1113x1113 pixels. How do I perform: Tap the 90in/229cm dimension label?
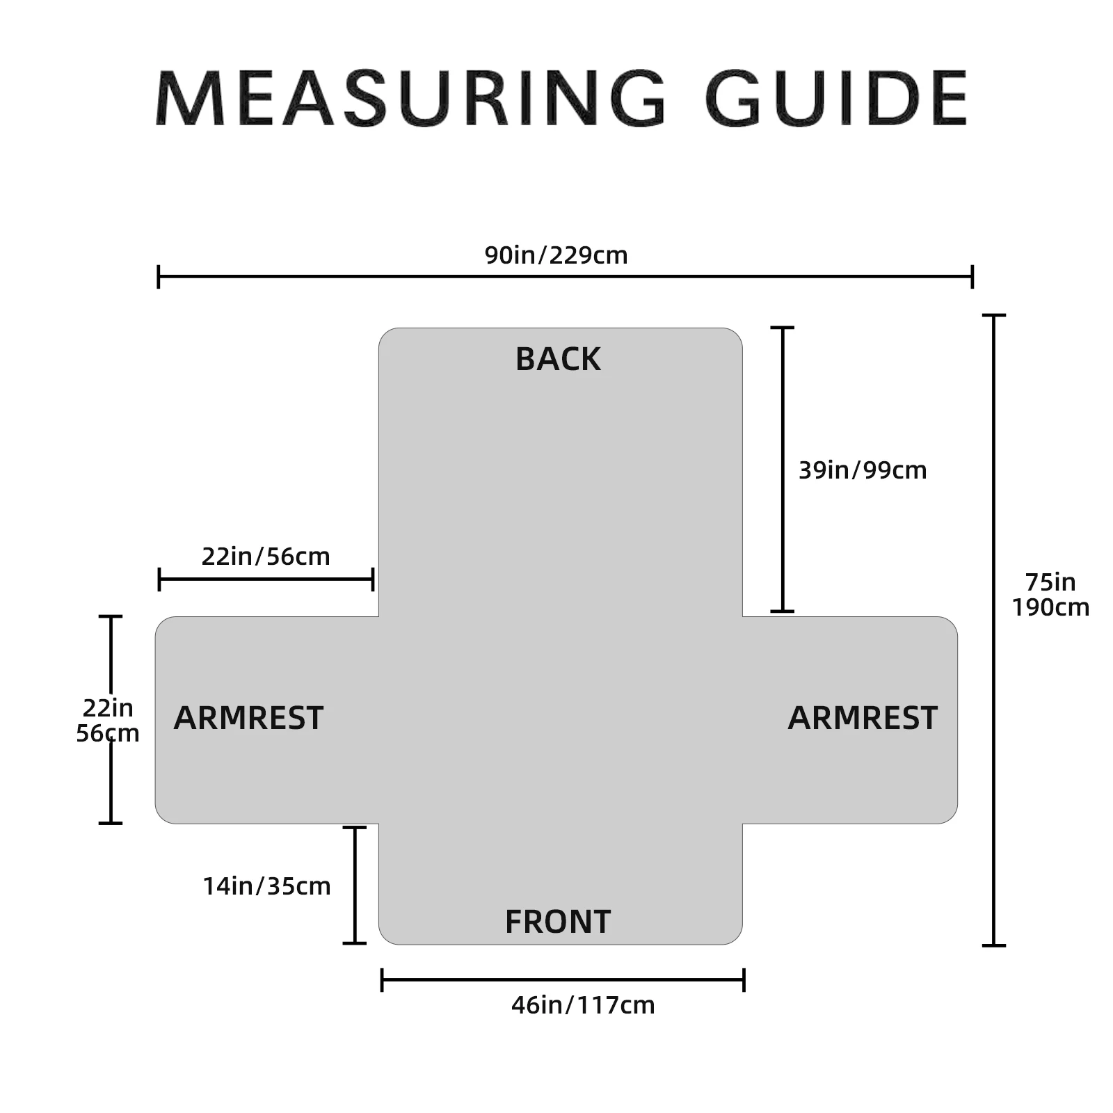tap(556, 255)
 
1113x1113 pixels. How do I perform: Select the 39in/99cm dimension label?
tap(862, 470)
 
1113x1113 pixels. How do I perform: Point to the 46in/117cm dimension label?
tap(583, 1005)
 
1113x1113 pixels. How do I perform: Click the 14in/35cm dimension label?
tap(266, 886)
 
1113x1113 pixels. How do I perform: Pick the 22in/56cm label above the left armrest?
tap(266, 556)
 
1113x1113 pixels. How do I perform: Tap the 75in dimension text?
tap(1050, 582)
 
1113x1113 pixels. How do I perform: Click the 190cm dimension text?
tap(1050, 607)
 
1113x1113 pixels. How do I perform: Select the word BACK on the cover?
tap(558, 359)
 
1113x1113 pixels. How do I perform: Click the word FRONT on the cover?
tap(558, 922)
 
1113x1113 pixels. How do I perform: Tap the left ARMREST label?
tap(248, 718)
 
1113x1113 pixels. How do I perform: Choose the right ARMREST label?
tap(863, 718)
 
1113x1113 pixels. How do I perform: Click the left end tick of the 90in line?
tap(159, 276)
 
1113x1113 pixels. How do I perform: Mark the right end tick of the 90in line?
tap(972, 276)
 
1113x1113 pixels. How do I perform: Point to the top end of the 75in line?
tap(993, 316)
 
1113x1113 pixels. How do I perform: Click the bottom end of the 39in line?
tap(783, 611)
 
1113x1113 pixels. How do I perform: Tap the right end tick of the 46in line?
tap(744, 979)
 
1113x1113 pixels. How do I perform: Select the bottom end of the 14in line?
tap(355, 943)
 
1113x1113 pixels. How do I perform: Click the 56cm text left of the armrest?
tap(108, 733)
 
